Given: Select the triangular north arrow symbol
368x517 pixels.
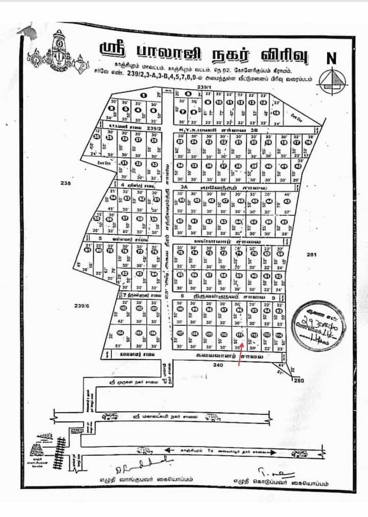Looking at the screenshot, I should click(x=331, y=78).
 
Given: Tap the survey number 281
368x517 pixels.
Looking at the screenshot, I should click(x=312, y=254).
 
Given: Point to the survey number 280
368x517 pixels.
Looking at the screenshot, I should click(x=298, y=380).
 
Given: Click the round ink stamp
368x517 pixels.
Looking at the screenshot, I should click(x=319, y=325).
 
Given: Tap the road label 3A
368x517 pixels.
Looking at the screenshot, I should click(x=184, y=187).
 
